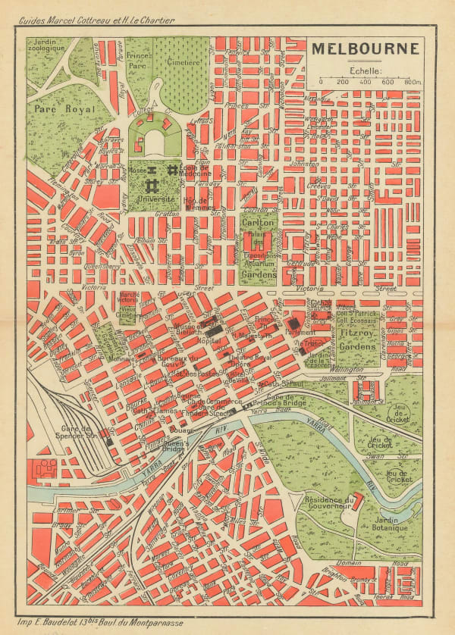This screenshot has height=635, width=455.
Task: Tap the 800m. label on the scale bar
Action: pyautogui.click(x=413, y=82)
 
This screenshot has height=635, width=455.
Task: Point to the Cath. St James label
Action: pyautogui.click(x=149, y=411)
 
